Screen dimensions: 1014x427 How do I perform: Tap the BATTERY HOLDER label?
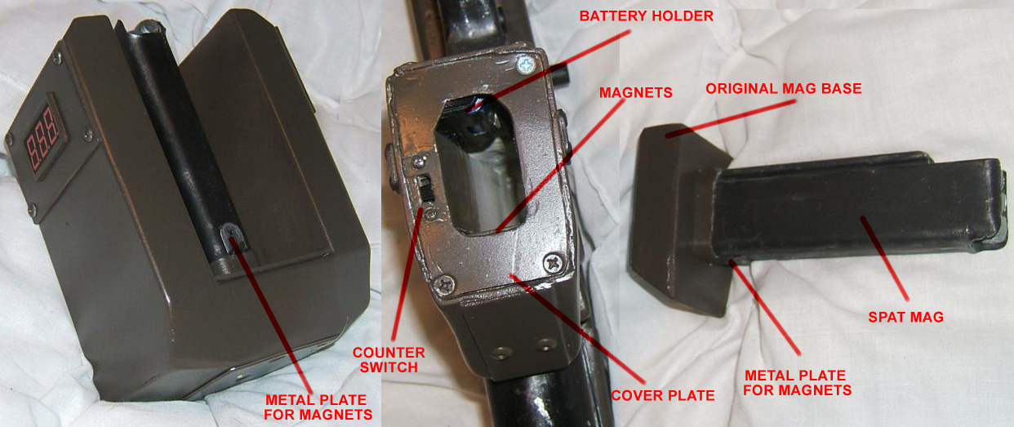[x=647, y=16]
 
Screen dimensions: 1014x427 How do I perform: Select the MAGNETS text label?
[x=635, y=93]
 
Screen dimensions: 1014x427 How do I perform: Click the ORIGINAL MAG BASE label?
[x=784, y=89]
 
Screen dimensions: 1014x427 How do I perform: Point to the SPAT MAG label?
[x=905, y=317]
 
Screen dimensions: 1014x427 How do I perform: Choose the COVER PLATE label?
[x=663, y=395]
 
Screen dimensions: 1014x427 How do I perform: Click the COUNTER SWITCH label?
[x=389, y=360]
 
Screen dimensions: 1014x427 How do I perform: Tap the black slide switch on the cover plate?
[x=425, y=188]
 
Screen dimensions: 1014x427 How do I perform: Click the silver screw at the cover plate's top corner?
[x=526, y=65]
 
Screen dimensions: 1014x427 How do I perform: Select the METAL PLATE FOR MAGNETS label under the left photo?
[x=318, y=407]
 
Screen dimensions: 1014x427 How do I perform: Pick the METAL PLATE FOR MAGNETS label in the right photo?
[x=797, y=383]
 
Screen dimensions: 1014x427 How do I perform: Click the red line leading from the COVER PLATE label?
[x=577, y=329]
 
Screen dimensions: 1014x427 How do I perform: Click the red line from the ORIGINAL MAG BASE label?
[x=731, y=118]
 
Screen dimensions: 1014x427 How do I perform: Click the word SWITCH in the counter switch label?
[x=389, y=367]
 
